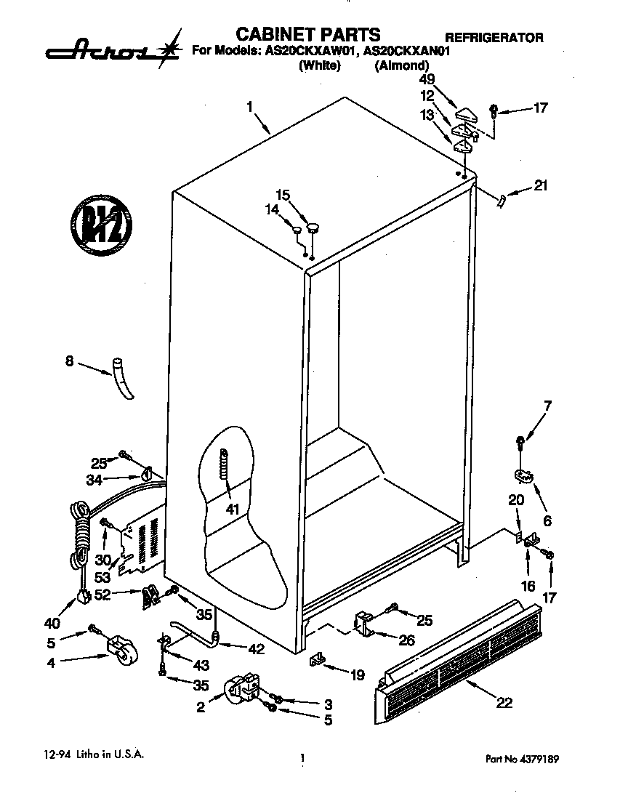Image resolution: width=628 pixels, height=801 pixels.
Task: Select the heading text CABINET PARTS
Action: [x=308, y=33]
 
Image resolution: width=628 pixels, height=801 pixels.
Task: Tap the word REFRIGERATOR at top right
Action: [x=494, y=38]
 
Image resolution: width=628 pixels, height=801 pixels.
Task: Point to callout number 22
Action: [x=504, y=702]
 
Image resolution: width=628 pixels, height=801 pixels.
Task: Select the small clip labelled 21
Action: [x=502, y=199]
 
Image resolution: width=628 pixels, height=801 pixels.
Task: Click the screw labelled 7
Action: [x=520, y=440]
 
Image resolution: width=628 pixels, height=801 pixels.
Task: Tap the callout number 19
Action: [x=357, y=675]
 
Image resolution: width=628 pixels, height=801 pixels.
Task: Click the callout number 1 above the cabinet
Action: [x=249, y=107]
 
